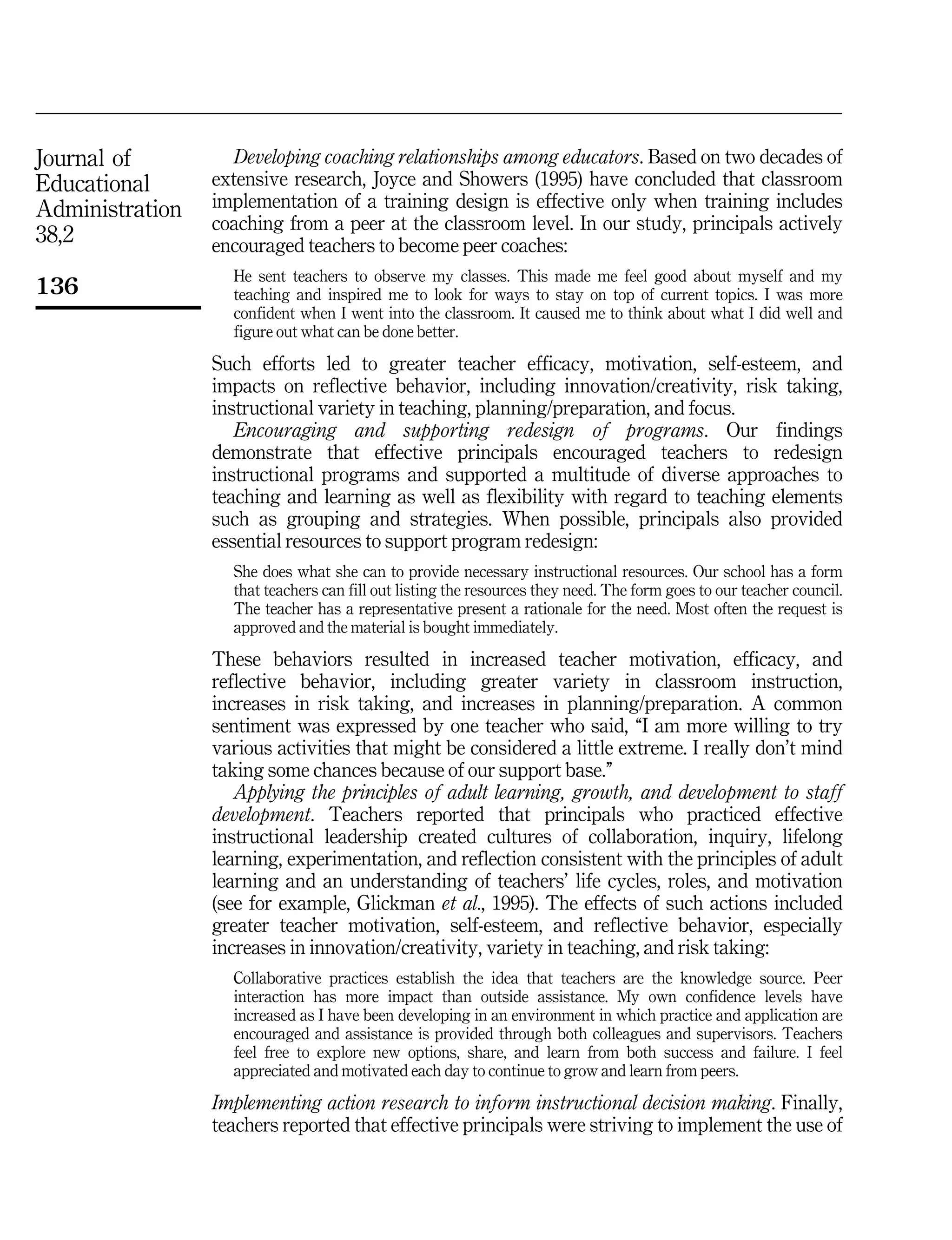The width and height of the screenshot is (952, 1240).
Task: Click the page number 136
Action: click(57, 286)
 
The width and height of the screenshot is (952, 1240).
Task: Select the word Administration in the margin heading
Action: click(109, 209)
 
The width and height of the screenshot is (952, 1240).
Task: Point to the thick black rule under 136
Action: click(118, 308)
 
